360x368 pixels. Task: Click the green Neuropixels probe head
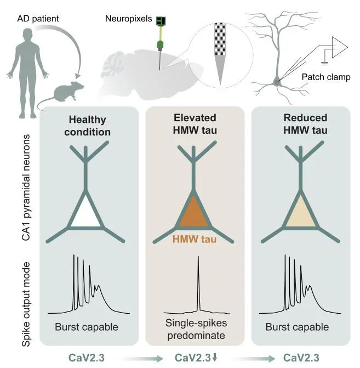pyautogui.click(x=161, y=21)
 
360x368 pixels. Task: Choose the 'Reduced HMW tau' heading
pyautogui.click(x=305, y=123)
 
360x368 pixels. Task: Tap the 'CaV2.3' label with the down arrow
pyautogui.click(x=196, y=359)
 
